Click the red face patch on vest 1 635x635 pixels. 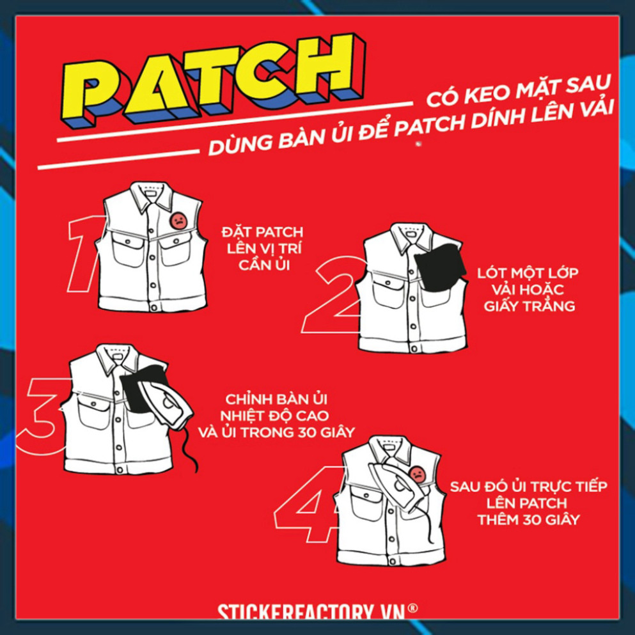[x=178, y=221]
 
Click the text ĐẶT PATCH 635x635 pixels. [x=262, y=233]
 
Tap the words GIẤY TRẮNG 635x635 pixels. [x=529, y=306]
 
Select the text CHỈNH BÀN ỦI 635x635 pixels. [x=276, y=399]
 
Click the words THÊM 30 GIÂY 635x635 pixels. [x=528, y=520]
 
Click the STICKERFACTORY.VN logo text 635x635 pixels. [x=311, y=613]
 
